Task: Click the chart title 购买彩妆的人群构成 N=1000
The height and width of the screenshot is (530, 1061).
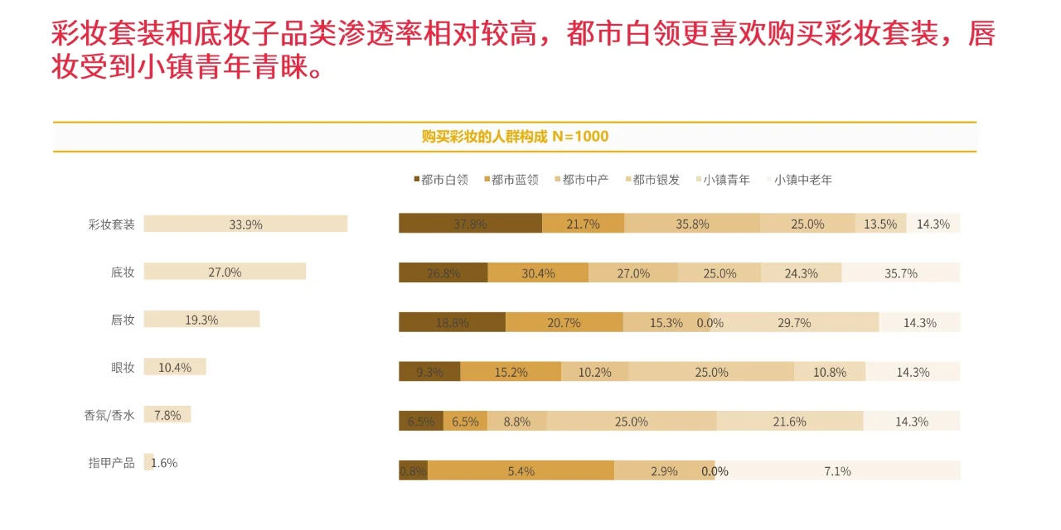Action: point(515,137)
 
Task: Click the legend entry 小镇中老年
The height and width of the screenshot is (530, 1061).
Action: point(802,180)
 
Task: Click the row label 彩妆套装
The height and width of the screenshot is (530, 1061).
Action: point(111,224)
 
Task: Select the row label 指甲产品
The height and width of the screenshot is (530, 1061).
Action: point(111,463)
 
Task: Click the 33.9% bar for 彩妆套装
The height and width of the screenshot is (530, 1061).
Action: point(245,224)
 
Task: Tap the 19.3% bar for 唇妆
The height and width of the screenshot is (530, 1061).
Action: point(201,320)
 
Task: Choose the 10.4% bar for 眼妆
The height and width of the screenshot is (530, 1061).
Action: point(175,368)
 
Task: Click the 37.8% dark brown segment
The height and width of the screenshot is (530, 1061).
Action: point(470,224)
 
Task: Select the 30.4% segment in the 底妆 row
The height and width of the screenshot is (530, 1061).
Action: point(538,273)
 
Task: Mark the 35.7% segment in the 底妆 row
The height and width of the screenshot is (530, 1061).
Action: point(900,273)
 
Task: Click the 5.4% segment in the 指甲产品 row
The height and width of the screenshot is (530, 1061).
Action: point(521,470)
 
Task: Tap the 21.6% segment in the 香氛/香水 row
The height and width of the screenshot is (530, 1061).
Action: point(789,422)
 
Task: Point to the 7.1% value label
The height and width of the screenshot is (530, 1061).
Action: point(837,471)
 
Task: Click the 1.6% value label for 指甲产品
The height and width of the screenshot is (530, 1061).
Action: point(164,463)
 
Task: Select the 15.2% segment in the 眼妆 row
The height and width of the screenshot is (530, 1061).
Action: point(511,373)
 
